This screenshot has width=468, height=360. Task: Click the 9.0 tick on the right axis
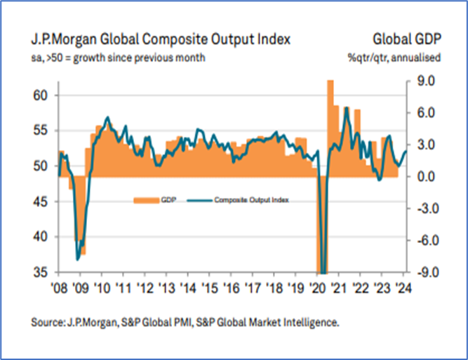(422, 81)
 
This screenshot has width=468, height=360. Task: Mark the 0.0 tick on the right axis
(422, 177)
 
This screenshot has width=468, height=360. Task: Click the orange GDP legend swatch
(145, 200)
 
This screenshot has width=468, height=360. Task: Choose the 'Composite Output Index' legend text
(252, 200)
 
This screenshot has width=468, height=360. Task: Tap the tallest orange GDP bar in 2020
(330, 126)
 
